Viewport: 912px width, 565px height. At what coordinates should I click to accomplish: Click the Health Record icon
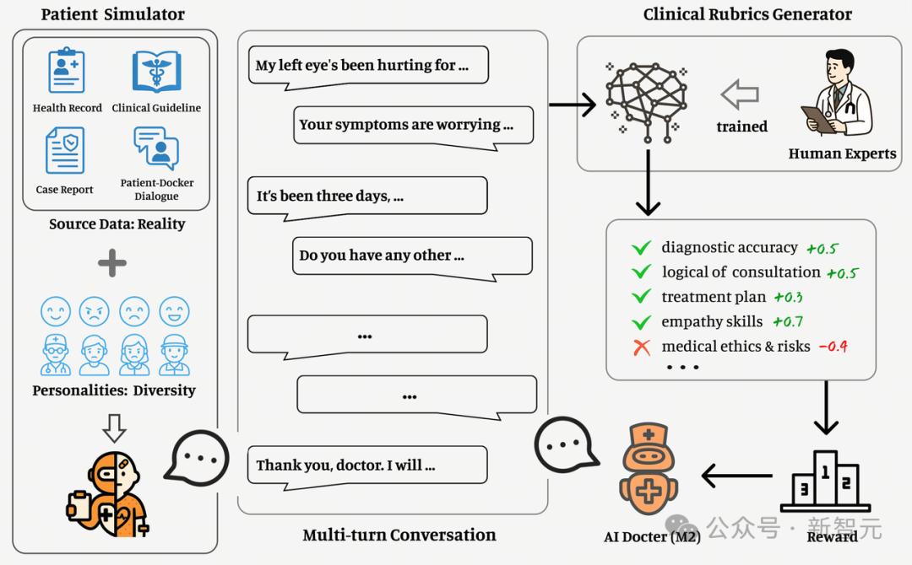pyautogui.click(x=67, y=70)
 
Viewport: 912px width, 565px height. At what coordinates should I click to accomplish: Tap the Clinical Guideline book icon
pyautogui.click(x=156, y=72)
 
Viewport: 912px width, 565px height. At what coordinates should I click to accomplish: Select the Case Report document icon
pyautogui.click(x=64, y=150)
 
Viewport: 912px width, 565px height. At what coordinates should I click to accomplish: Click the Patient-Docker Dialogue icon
pyautogui.click(x=156, y=148)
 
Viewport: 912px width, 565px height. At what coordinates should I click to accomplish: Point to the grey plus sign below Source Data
pyautogui.click(x=112, y=263)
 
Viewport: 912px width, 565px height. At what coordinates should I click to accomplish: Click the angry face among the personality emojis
pyautogui.click(x=95, y=311)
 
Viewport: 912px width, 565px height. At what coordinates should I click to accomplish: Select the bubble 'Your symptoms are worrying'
pyautogui.click(x=414, y=127)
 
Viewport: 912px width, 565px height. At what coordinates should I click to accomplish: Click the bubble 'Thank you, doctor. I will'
pyautogui.click(x=367, y=468)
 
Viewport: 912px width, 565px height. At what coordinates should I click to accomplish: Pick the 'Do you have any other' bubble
pyautogui.click(x=412, y=259)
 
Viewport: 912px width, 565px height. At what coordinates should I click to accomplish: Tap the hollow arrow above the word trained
pyautogui.click(x=740, y=94)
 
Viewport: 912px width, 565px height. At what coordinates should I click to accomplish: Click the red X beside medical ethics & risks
pyautogui.click(x=642, y=347)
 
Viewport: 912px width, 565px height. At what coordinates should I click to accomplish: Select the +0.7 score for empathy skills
pyautogui.click(x=788, y=321)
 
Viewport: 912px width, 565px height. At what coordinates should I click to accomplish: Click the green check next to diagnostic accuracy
pyautogui.click(x=642, y=248)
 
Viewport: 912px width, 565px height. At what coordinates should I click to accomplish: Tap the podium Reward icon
pyautogui.click(x=825, y=481)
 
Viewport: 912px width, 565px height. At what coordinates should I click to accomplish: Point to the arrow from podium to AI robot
pyautogui.click(x=737, y=476)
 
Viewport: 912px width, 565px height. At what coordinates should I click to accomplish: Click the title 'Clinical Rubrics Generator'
pyautogui.click(x=747, y=14)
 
